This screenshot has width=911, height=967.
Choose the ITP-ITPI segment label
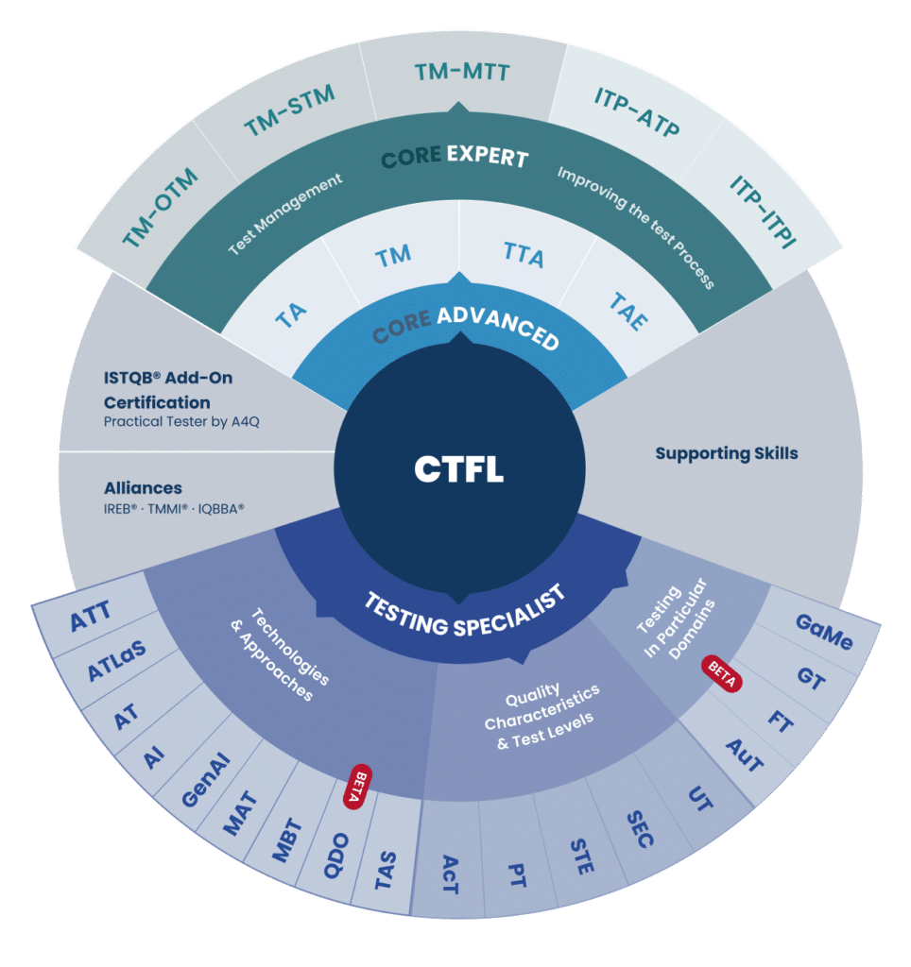pos(763,210)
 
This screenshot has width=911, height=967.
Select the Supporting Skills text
pos(727,453)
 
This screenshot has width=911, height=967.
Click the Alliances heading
pos(143,488)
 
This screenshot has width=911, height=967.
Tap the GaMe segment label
pos(824,633)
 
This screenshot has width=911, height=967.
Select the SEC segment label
pos(640,828)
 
